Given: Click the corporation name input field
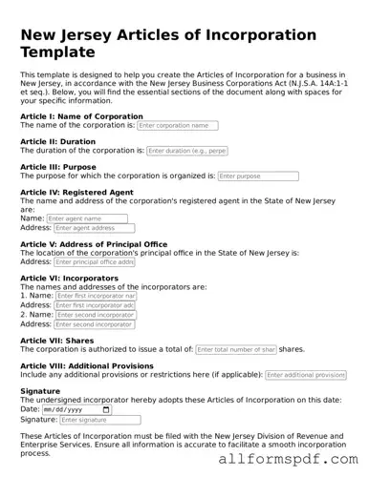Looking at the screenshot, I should pos(177,125).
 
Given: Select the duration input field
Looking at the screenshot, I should pos(188,151).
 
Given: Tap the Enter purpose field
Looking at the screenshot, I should pos(245,176).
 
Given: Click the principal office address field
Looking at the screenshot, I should pos(95,261).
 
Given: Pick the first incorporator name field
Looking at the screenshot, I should pos(96,296).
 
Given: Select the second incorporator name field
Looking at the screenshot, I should pos(96,315).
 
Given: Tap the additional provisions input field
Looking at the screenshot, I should pos(305,375).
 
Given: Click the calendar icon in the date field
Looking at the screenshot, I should pos(105,409).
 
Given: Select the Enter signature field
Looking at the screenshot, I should pos(99,420).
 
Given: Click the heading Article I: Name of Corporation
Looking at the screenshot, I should pos(81,116).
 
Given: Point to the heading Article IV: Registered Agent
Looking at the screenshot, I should pos(76,192).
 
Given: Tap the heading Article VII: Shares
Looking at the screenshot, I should pos(56,341).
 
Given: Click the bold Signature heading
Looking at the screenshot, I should pos(39,391).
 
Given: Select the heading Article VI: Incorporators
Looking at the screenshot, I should pos(69,279).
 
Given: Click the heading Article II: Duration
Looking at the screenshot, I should pos(57,141).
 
